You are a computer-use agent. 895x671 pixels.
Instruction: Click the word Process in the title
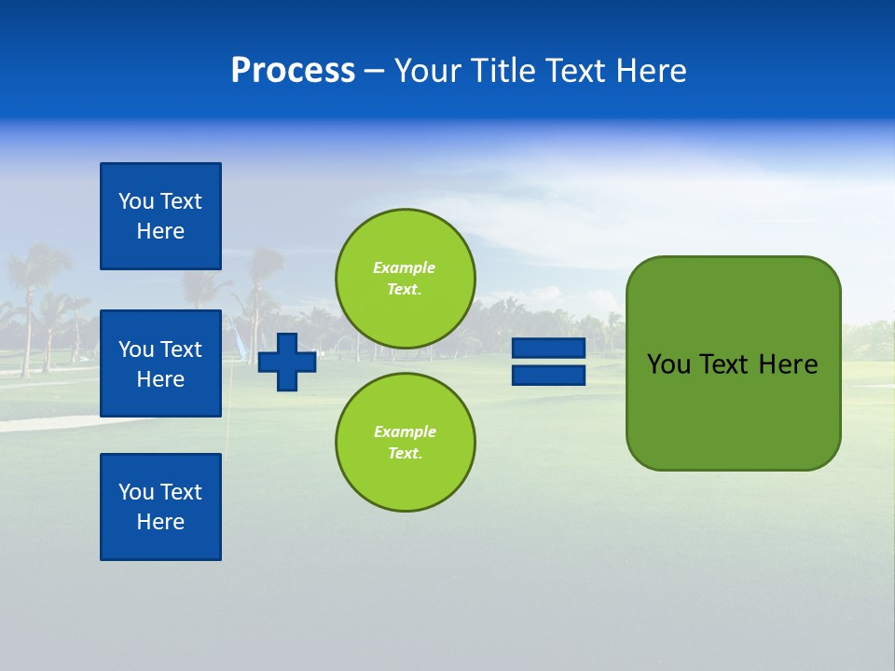pos(293,71)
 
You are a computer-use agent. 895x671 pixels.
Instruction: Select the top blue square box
pos(160,216)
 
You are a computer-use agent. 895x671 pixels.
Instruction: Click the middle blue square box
pos(160,363)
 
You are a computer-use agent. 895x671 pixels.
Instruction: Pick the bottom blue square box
pos(160,506)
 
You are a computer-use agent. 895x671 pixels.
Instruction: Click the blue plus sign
pos(287,362)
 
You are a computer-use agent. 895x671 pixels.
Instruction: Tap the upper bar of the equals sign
pos(548,349)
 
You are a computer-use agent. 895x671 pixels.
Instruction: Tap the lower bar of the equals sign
pos(548,375)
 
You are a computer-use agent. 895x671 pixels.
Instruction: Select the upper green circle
pos(405,278)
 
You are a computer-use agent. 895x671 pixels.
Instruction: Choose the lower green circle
pos(405,442)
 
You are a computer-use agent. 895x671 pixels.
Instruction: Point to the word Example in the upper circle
pos(404,267)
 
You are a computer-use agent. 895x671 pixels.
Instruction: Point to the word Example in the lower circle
pos(404,431)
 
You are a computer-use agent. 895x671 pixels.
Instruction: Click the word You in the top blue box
pos(135,201)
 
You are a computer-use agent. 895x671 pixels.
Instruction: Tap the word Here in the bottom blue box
pos(160,522)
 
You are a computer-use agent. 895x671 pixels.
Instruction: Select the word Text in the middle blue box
pos(180,349)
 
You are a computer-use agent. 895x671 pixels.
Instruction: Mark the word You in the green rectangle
pos(668,364)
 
